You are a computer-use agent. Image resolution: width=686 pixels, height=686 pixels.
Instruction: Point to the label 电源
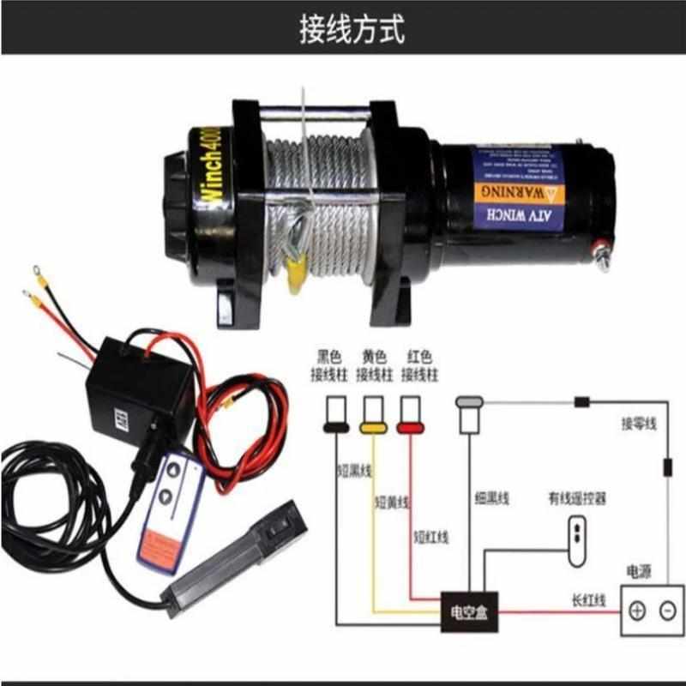coord(642,572)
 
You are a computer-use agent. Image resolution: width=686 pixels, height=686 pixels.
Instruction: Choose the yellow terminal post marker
coord(372,424)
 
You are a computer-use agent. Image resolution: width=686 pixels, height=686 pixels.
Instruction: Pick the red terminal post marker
coord(410,424)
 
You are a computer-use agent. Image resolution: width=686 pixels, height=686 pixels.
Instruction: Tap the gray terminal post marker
coord(469,400)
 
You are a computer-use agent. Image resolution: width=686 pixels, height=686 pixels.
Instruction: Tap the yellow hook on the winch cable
coord(295,269)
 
